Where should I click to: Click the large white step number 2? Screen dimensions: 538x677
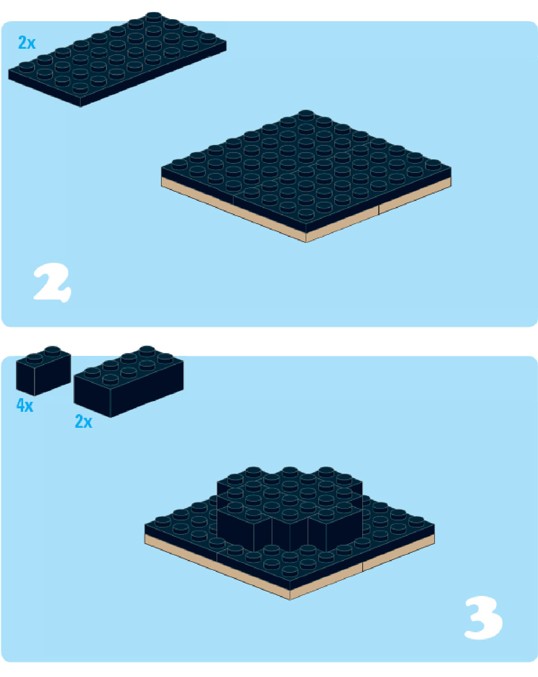pyautogui.click(x=52, y=282)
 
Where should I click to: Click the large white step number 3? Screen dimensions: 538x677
pyautogui.click(x=483, y=617)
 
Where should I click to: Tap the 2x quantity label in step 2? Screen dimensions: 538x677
pyautogui.click(x=27, y=42)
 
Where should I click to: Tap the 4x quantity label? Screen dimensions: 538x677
pyautogui.click(x=25, y=405)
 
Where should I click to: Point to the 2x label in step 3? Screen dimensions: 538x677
pyautogui.click(x=83, y=421)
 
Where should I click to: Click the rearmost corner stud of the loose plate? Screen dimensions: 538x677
pyautogui.click(x=154, y=17)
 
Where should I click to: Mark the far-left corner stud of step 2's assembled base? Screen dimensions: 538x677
pyautogui.click(x=179, y=163)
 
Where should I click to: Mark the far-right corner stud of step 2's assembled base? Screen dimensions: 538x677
pyautogui.click(x=433, y=164)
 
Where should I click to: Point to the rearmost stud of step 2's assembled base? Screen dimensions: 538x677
pyautogui.click(x=306, y=114)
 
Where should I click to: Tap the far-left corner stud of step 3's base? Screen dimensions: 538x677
pyautogui.click(x=163, y=521)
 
